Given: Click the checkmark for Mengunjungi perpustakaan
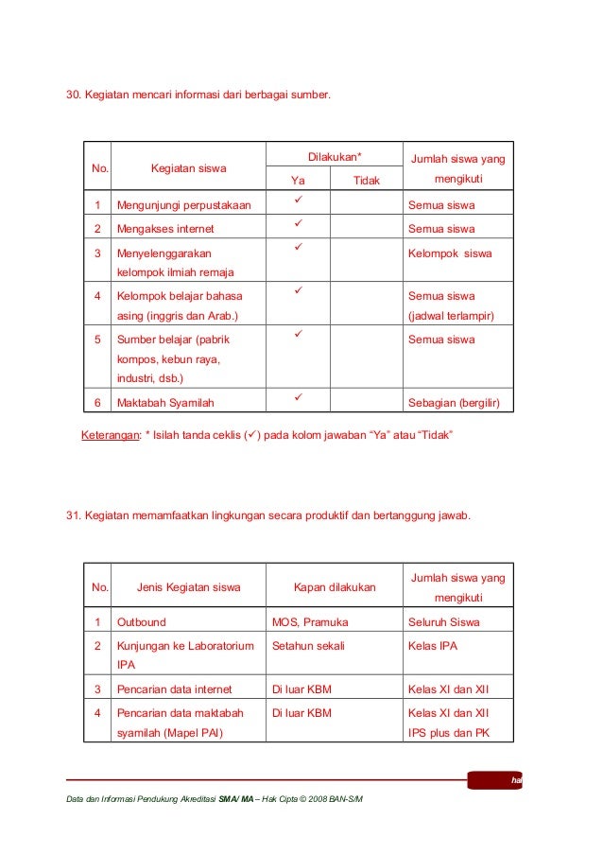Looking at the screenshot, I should [x=297, y=200].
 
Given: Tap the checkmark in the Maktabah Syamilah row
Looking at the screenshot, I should [x=297, y=397].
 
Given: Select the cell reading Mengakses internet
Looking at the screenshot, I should [x=165, y=229].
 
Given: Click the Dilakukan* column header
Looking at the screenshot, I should [x=336, y=156].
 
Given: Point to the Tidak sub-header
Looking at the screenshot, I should [x=366, y=180].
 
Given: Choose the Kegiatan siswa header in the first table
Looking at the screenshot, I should [x=189, y=168].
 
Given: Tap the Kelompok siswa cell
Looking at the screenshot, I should [x=450, y=253].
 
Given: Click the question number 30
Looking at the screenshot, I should [x=72, y=95].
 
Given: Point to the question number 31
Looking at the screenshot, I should [x=72, y=515].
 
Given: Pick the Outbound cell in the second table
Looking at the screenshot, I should [x=141, y=622].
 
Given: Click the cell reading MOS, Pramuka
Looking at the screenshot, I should [x=310, y=622].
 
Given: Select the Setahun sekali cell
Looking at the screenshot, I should [x=308, y=647].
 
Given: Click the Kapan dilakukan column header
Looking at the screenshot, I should [x=335, y=587].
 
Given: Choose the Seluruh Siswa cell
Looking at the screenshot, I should [x=443, y=622].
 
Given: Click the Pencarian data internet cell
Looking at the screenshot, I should [x=174, y=689].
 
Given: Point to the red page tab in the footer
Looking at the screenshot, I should [x=494, y=780].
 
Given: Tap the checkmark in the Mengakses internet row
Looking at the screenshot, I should [x=297, y=224].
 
